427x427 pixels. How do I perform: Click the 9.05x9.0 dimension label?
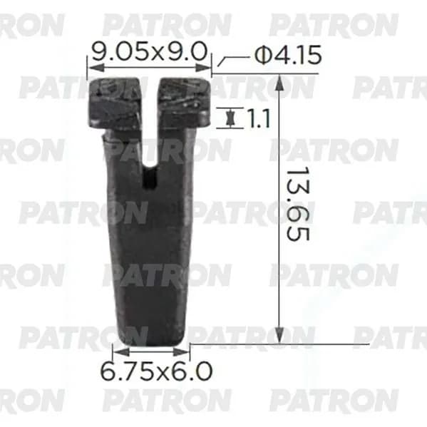(150, 52)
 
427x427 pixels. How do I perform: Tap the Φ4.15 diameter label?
(288, 55)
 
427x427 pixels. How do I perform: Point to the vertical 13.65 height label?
(298, 205)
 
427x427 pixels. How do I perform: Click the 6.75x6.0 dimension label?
(156, 371)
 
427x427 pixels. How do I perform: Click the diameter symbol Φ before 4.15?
(264, 56)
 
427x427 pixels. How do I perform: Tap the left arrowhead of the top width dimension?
(96, 68)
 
